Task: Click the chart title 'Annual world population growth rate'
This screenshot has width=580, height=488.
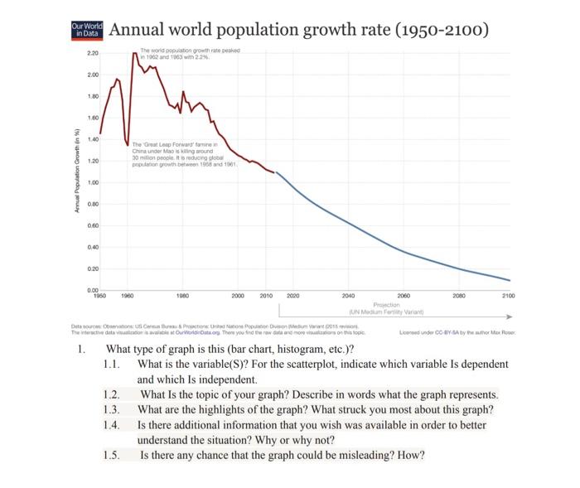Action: (x=298, y=31)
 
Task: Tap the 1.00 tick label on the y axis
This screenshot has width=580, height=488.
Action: (x=92, y=182)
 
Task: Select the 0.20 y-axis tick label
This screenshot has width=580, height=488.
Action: (x=92, y=268)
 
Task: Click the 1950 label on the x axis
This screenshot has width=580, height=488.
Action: (x=99, y=295)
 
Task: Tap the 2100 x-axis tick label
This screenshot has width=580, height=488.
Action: (x=509, y=295)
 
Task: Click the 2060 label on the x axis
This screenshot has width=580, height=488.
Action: (x=404, y=295)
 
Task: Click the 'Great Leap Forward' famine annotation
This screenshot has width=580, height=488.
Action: (x=184, y=155)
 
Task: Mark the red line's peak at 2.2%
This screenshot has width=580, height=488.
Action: (x=134, y=53)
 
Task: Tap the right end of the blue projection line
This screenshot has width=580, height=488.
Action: (x=510, y=280)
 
